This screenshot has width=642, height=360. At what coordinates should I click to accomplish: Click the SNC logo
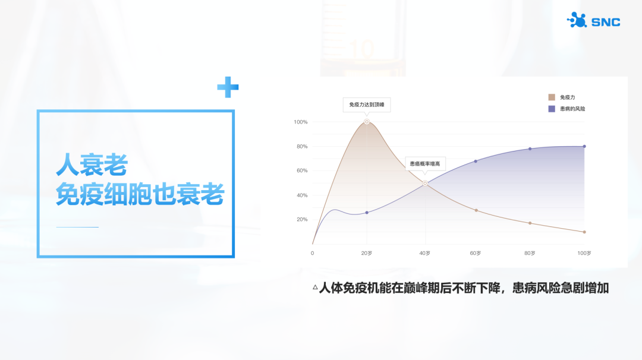[593, 20]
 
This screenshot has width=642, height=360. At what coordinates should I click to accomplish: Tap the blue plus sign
[228, 87]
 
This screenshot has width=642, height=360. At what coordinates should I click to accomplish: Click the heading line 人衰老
[92, 165]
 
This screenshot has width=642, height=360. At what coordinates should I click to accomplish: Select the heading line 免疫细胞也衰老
[140, 194]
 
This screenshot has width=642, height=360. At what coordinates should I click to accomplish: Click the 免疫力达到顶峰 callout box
[366, 105]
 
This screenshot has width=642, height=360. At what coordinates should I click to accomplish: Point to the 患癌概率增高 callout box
[425, 163]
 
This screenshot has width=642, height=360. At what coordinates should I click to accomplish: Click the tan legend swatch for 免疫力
[552, 97]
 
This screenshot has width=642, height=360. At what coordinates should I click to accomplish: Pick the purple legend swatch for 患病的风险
[552, 109]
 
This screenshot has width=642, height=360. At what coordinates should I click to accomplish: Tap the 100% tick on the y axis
[301, 122]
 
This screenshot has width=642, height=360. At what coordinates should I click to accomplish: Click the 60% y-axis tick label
[302, 170]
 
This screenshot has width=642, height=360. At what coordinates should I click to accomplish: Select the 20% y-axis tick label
[302, 220]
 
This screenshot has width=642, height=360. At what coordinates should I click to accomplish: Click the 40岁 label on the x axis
[424, 253]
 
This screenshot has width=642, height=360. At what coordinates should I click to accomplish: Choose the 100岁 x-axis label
[584, 253]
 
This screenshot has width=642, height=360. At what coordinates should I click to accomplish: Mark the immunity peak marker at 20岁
[367, 122]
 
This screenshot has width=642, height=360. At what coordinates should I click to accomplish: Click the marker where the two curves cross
[425, 184]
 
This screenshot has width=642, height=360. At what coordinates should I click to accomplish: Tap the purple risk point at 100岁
[584, 147]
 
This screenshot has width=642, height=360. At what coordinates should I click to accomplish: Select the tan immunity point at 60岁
[476, 210]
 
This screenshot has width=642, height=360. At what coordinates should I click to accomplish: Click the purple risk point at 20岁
[367, 213]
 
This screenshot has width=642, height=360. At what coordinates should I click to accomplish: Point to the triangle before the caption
[315, 287]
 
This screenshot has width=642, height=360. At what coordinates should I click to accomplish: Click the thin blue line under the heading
[77, 227]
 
